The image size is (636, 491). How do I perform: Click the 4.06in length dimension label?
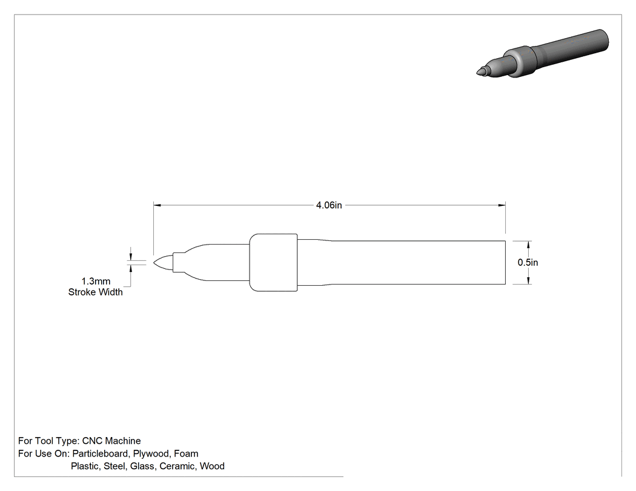(329, 205)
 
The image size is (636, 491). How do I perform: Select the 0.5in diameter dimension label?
(528, 262)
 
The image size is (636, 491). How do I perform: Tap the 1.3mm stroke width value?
(96, 281)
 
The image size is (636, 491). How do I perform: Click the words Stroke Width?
(95, 292)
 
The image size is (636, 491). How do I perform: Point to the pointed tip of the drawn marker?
(154, 262)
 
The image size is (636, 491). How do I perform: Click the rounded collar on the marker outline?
(273, 262)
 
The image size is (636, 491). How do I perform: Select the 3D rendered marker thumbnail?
(542, 53)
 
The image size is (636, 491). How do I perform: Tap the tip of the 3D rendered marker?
(477, 73)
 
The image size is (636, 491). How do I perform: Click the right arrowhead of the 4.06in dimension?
(502, 205)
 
